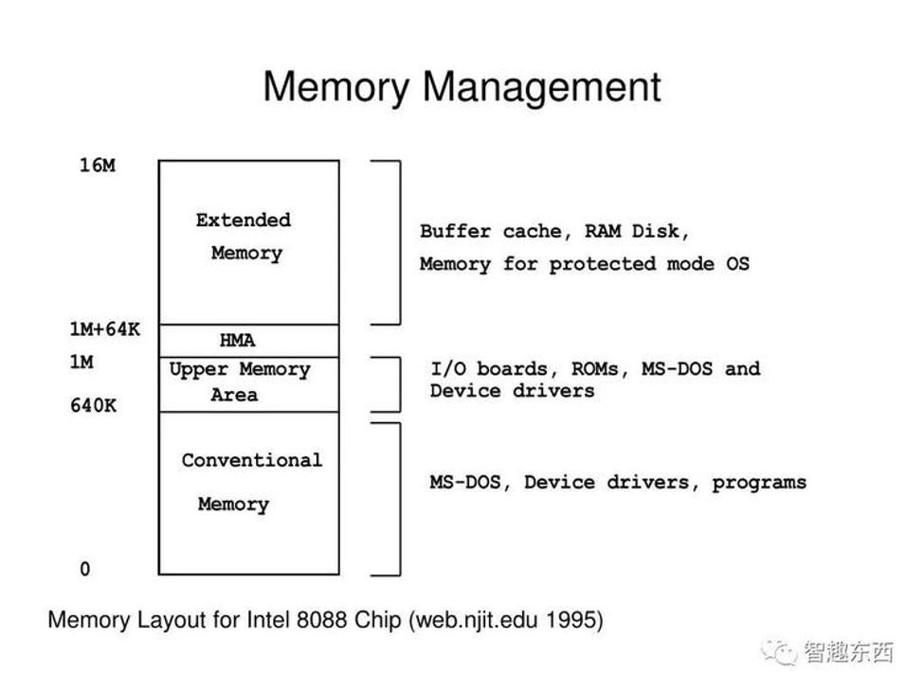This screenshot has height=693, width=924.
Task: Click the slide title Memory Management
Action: pos(462,86)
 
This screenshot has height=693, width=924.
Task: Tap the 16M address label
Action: pos(97,166)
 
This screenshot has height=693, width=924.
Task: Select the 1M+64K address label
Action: pos(104,329)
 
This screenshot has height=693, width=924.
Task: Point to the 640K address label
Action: pos(93,406)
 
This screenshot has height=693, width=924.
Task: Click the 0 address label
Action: pos(85,569)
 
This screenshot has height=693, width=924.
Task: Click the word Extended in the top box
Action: pos(244,221)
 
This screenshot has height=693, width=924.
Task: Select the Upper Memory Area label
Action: pos(240,382)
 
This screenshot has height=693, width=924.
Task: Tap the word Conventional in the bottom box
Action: pos(252,461)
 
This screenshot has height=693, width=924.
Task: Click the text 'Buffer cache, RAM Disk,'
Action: pos(555,231)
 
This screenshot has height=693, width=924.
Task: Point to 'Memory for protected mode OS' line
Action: pos(585,264)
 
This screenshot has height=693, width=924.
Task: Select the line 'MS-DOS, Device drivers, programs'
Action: pos(618,482)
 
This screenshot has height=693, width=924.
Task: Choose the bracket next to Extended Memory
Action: pos(397,242)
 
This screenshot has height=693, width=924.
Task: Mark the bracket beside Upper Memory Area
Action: pos(397,383)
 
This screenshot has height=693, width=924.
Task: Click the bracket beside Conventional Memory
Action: pos(397,499)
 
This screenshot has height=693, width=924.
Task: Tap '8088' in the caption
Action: pos(322,620)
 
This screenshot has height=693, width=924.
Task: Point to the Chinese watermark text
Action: pos(849,651)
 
